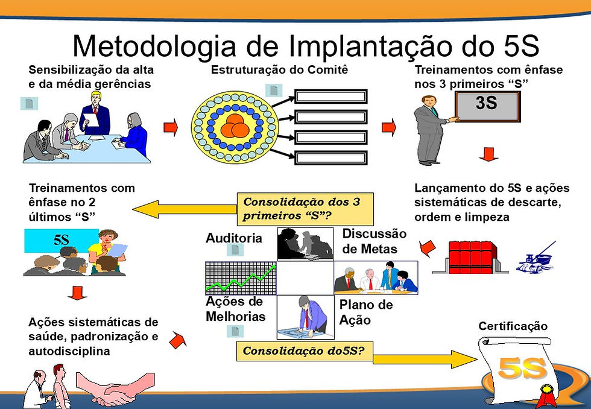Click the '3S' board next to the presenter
[486, 104]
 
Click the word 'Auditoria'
[234, 238]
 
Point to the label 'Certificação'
[513, 326]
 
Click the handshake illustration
[115, 388]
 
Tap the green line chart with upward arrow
[241, 277]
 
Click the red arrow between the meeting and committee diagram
[171, 127]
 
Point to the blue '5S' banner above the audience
[60, 239]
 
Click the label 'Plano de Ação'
[365, 312]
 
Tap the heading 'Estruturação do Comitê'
[279, 70]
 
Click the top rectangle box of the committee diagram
[330, 97]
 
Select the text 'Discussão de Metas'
[374, 241]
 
